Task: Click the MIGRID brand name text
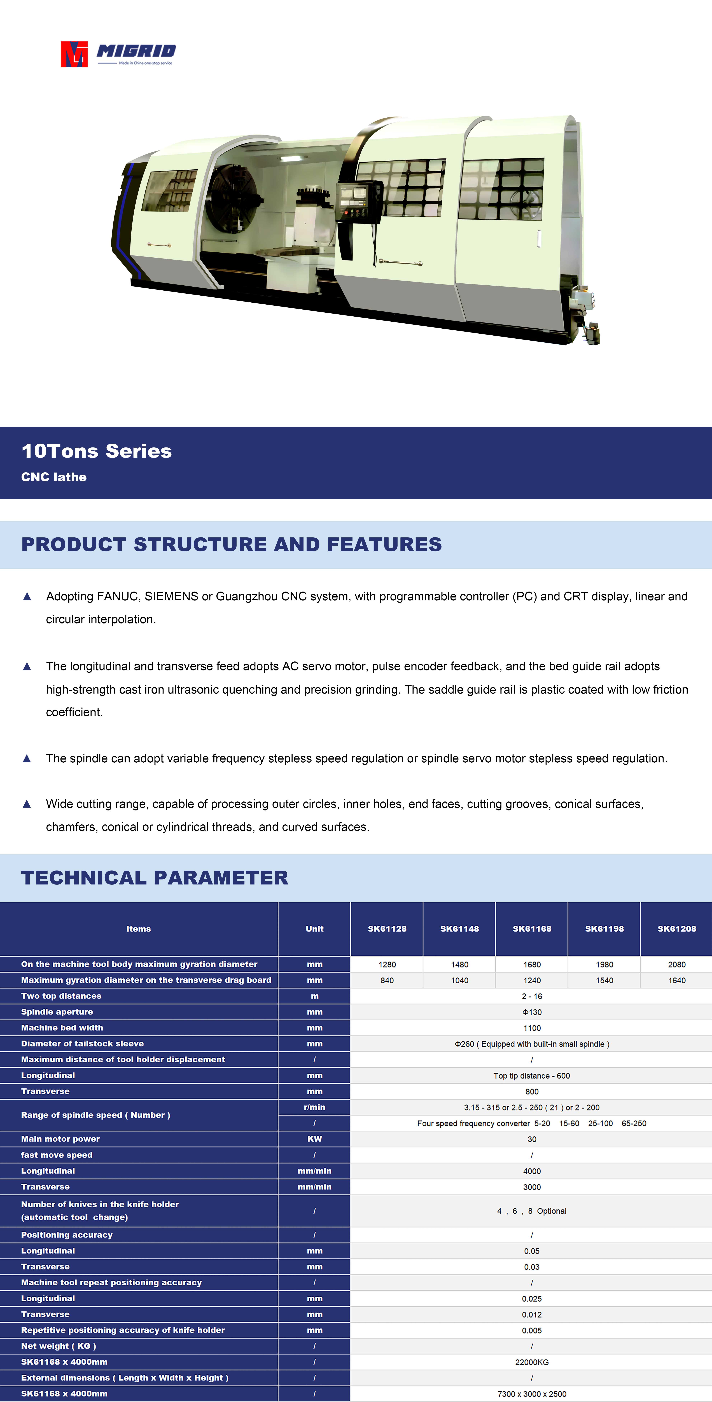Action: (x=136, y=51)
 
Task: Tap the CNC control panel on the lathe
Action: (x=358, y=201)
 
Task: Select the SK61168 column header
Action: (x=532, y=929)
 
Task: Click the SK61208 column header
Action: (x=677, y=929)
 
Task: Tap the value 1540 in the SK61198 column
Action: (x=604, y=980)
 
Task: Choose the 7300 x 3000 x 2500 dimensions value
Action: (x=532, y=1394)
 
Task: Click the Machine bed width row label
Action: (x=62, y=1028)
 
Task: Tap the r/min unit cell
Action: (x=314, y=1107)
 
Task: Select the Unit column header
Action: (x=314, y=929)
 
